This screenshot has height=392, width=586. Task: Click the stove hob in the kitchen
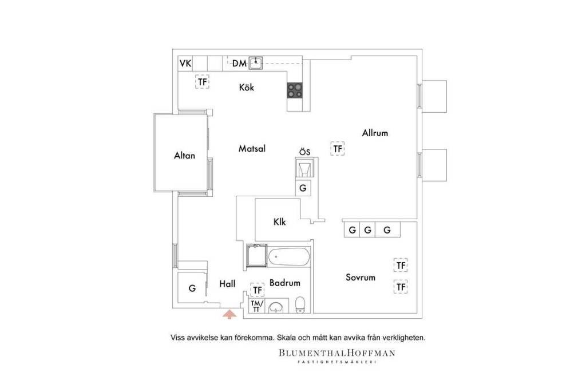click(x=295, y=90)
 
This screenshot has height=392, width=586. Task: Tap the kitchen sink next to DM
click(x=256, y=63)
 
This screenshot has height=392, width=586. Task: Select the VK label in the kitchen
click(x=185, y=63)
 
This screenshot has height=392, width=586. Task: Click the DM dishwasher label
click(x=239, y=63)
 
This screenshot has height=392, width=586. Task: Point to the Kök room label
click(x=246, y=87)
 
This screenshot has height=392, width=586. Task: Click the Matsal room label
click(x=252, y=148)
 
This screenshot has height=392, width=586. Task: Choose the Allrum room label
click(x=375, y=133)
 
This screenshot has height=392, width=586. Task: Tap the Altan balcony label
click(x=184, y=155)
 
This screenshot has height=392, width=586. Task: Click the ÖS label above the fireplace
click(x=304, y=152)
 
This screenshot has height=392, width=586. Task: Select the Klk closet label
click(x=279, y=221)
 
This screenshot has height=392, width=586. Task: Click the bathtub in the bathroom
click(x=289, y=257)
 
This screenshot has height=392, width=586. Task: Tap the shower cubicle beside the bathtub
click(x=256, y=256)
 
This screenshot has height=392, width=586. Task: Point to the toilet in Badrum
click(x=300, y=304)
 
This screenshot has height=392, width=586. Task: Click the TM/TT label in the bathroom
click(x=257, y=306)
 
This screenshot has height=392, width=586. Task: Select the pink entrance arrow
click(x=229, y=314)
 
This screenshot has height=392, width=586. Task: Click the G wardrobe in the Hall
click(x=192, y=288)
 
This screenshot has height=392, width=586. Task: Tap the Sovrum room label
click(x=361, y=278)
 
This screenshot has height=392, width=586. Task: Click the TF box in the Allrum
click(x=338, y=149)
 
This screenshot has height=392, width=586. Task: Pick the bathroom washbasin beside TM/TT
click(x=276, y=307)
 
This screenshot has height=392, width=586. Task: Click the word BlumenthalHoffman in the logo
click(x=336, y=353)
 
